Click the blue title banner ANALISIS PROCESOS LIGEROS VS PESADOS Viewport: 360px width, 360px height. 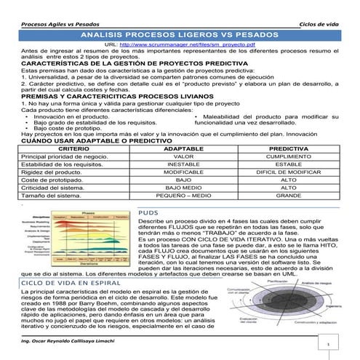coord(180,34)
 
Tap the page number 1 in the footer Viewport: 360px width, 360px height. coord(329,346)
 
